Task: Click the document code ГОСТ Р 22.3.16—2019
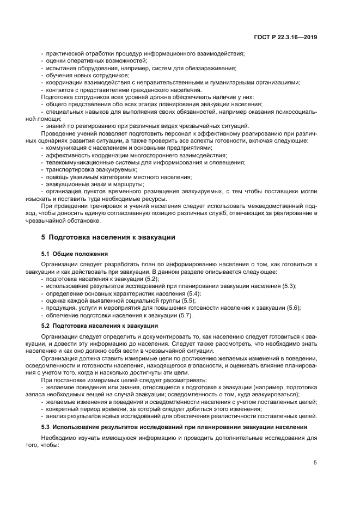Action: click(286, 37)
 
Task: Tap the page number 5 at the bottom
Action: click(315, 463)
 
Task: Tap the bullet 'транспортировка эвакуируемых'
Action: click(90, 170)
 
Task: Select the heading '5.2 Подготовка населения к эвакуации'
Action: click(100, 326)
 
